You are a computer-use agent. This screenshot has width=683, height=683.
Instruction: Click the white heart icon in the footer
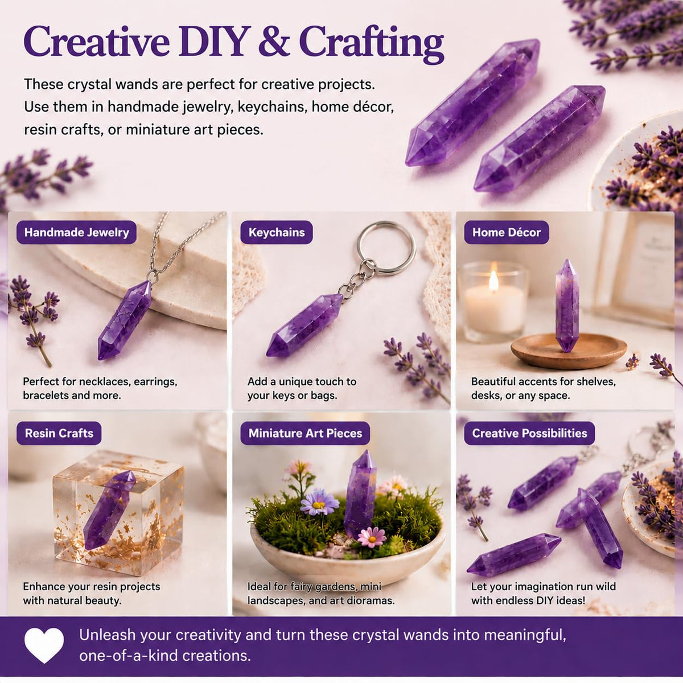tap(44, 645)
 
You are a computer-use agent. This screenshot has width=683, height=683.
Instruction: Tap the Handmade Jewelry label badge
tap(77, 232)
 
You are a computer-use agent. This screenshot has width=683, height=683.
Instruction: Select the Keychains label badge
tap(277, 232)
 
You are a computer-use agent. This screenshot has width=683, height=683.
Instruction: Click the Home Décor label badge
tap(507, 232)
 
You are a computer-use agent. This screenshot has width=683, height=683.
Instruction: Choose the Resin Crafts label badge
tap(59, 433)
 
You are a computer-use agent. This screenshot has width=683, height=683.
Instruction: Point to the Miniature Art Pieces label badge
tap(305, 433)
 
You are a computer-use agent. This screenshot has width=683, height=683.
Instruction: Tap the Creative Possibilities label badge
tap(529, 433)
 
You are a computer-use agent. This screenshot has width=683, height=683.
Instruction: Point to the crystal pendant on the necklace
tap(125, 320)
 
